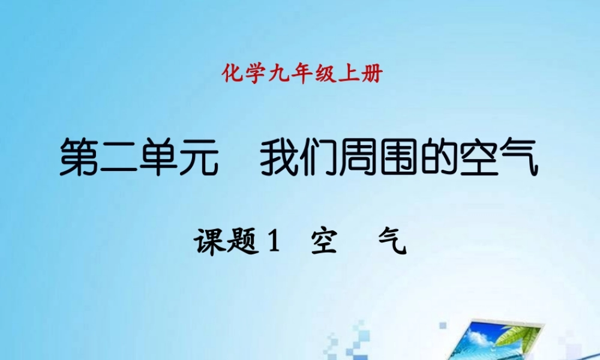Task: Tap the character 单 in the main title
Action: coord(160,157)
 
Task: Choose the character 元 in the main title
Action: coord(199,157)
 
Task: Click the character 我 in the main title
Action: coord(280,157)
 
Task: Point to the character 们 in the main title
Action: coord(319,157)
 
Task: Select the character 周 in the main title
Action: coord(359,157)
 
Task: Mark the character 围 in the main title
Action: coord(399,157)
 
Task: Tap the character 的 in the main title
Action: coord(439,157)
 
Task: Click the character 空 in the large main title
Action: coord(479,157)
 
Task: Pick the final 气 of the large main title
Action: coord(518,157)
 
